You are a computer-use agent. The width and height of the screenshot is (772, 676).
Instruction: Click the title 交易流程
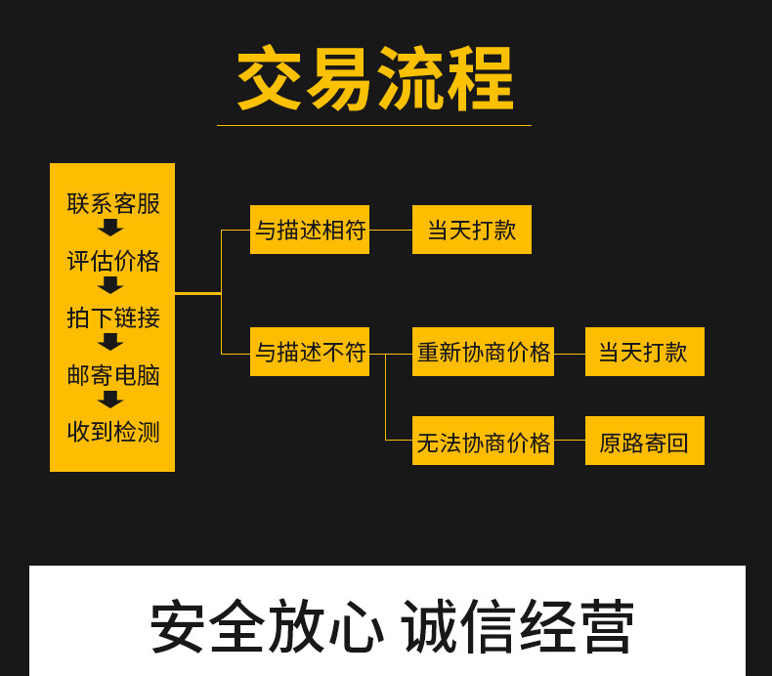374,80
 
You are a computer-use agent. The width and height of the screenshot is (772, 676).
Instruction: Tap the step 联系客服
112,203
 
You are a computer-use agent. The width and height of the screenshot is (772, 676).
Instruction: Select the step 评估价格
112,261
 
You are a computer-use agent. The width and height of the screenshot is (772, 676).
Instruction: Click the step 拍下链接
112,317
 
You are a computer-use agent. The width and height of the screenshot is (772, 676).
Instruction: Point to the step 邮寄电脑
112,375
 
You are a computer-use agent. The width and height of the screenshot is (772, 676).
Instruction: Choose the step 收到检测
112,432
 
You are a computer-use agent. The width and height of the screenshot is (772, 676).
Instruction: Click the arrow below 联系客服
110,228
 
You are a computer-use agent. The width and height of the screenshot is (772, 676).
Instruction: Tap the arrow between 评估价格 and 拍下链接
110,285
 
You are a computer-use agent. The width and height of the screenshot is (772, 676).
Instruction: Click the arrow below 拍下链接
110,342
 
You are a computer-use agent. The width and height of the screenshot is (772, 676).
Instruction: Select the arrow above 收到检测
110,400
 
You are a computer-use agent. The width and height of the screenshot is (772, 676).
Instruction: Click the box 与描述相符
310,230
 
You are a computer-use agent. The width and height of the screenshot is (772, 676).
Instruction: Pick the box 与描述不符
310,352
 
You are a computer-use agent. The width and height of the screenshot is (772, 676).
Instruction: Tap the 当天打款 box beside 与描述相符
472,230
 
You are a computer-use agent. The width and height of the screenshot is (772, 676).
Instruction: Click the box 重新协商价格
483,352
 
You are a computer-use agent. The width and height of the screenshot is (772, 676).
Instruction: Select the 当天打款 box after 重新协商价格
645,352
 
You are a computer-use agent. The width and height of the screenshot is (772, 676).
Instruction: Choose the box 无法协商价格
483,441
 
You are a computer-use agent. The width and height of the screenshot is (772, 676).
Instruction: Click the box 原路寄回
645,441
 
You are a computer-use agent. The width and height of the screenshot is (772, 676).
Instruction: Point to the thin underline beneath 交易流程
374,125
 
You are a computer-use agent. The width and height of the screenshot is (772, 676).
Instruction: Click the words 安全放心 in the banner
267,627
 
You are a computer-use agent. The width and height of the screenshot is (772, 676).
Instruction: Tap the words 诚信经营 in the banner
518,627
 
